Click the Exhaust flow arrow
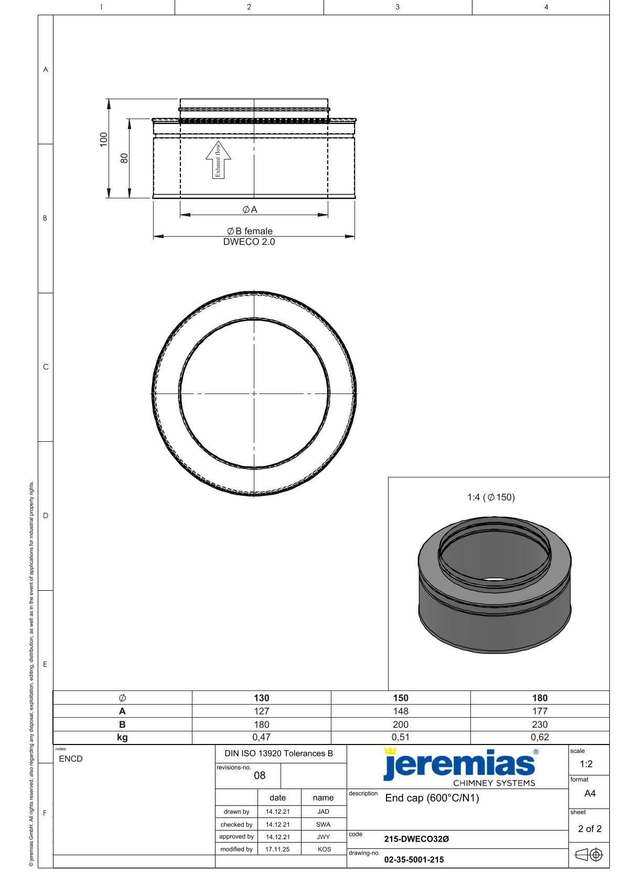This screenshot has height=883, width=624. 218,159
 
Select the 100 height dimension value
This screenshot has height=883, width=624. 104,140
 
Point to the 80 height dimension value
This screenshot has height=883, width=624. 124,158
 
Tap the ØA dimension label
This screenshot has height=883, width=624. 250,210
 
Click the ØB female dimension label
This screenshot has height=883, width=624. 250,231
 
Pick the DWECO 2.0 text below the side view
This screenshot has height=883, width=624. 249,242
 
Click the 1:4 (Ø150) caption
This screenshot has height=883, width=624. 491,497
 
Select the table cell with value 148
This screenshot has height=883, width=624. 401,711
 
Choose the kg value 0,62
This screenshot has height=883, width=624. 540,737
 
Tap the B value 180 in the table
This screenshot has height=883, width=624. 262,725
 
